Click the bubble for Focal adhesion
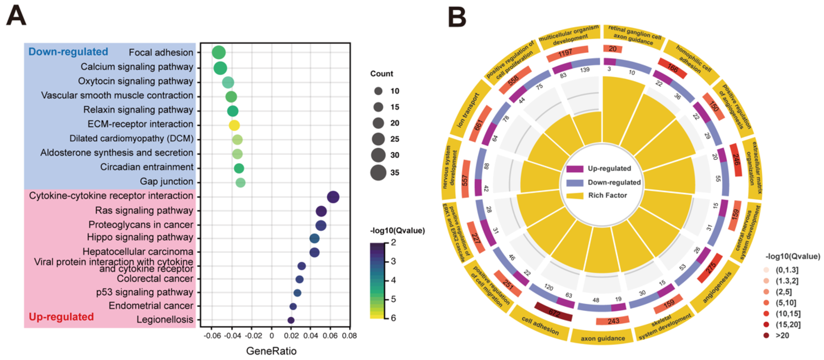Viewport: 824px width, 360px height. (219, 52)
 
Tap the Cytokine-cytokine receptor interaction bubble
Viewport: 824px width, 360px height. (333, 197)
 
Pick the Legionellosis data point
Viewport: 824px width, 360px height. (291, 320)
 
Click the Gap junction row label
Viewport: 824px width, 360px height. (166, 182)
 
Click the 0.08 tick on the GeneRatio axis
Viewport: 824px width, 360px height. (349, 336)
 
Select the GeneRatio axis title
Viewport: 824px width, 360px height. (271, 351)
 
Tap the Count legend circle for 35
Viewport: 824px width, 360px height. (378, 173)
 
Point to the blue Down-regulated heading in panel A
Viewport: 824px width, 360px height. (68, 52)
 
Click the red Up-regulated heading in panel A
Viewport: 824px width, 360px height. (61, 317)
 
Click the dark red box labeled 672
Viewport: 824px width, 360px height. (553, 312)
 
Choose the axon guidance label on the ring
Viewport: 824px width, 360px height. (603, 338)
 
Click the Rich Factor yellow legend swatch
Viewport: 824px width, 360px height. (575, 196)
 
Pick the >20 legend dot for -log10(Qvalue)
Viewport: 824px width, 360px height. (766, 335)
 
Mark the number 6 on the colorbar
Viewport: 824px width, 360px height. (393, 318)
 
